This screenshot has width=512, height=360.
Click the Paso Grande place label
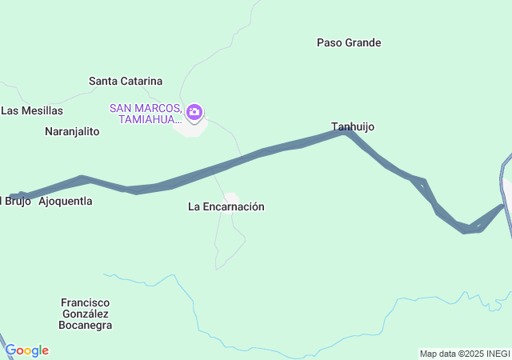[349, 42]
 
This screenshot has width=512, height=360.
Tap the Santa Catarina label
[126, 81]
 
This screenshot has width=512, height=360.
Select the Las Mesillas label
[32, 110]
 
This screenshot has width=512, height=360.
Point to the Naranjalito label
[72, 131]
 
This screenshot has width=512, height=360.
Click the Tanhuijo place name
[353, 126]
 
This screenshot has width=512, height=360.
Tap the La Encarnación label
[226, 206]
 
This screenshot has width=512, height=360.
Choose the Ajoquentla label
[66, 201]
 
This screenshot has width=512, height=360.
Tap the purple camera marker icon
[194, 113]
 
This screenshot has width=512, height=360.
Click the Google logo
[26, 350]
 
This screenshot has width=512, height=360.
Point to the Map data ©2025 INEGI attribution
[465, 354]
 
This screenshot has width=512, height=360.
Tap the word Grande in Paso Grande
[363, 42]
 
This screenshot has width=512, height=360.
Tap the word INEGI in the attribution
[496, 354]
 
